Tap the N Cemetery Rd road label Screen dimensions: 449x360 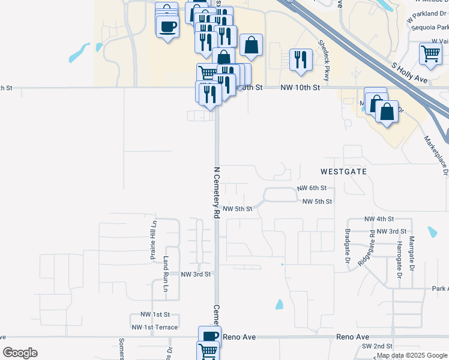point(217,192)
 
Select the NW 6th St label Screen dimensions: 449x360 point(312,188)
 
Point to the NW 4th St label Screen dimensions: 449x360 point(379,219)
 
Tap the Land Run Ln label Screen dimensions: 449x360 point(166,274)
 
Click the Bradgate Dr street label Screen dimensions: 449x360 point(347,246)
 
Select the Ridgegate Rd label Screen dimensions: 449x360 point(366,248)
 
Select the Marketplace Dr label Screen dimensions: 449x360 point(436,155)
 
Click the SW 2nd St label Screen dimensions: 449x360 point(377,346)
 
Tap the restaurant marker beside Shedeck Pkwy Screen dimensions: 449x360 point(300,59)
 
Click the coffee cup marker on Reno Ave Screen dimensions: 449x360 point(209,336)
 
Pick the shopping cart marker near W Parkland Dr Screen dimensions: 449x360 point(430,53)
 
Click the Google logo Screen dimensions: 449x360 point(19,353)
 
